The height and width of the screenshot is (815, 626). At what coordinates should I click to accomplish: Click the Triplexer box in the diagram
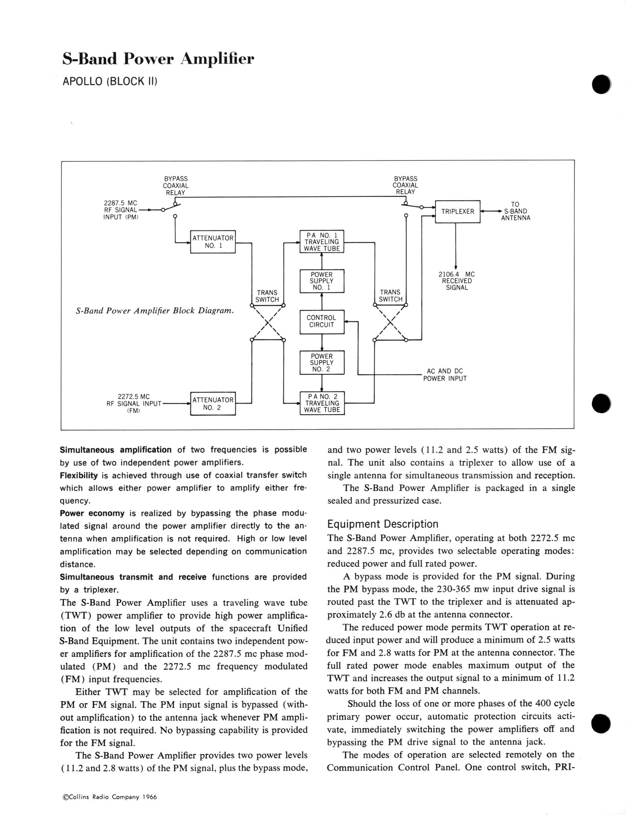click(x=457, y=211)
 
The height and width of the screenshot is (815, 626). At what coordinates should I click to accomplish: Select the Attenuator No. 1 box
click(x=213, y=242)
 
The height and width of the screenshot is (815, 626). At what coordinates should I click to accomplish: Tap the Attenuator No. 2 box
click(x=213, y=403)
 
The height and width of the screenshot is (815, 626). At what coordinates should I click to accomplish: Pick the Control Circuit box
click(x=322, y=321)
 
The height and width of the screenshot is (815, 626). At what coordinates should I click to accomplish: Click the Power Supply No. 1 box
click(x=322, y=281)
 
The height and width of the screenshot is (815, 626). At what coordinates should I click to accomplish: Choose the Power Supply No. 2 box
click(x=322, y=363)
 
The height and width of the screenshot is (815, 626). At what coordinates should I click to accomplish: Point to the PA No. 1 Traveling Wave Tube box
click(x=322, y=242)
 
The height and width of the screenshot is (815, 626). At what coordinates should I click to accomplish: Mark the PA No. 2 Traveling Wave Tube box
click(x=322, y=403)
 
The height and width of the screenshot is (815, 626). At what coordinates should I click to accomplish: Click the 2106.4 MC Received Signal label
click(x=457, y=281)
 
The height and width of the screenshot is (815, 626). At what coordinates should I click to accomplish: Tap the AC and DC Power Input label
click(x=445, y=375)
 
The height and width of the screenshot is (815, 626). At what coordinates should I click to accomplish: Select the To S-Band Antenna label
click(x=515, y=211)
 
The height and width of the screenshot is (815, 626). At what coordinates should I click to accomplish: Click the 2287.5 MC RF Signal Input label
click(x=121, y=210)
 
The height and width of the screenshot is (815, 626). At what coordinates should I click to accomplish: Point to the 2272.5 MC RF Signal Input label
click(x=134, y=403)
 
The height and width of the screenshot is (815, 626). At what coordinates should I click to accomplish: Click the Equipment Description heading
click(x=383, y=524)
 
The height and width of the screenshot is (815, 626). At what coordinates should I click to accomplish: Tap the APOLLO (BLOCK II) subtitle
click(x=110, y=83)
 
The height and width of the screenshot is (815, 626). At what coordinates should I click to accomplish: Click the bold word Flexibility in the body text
click(x=79, y=475)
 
